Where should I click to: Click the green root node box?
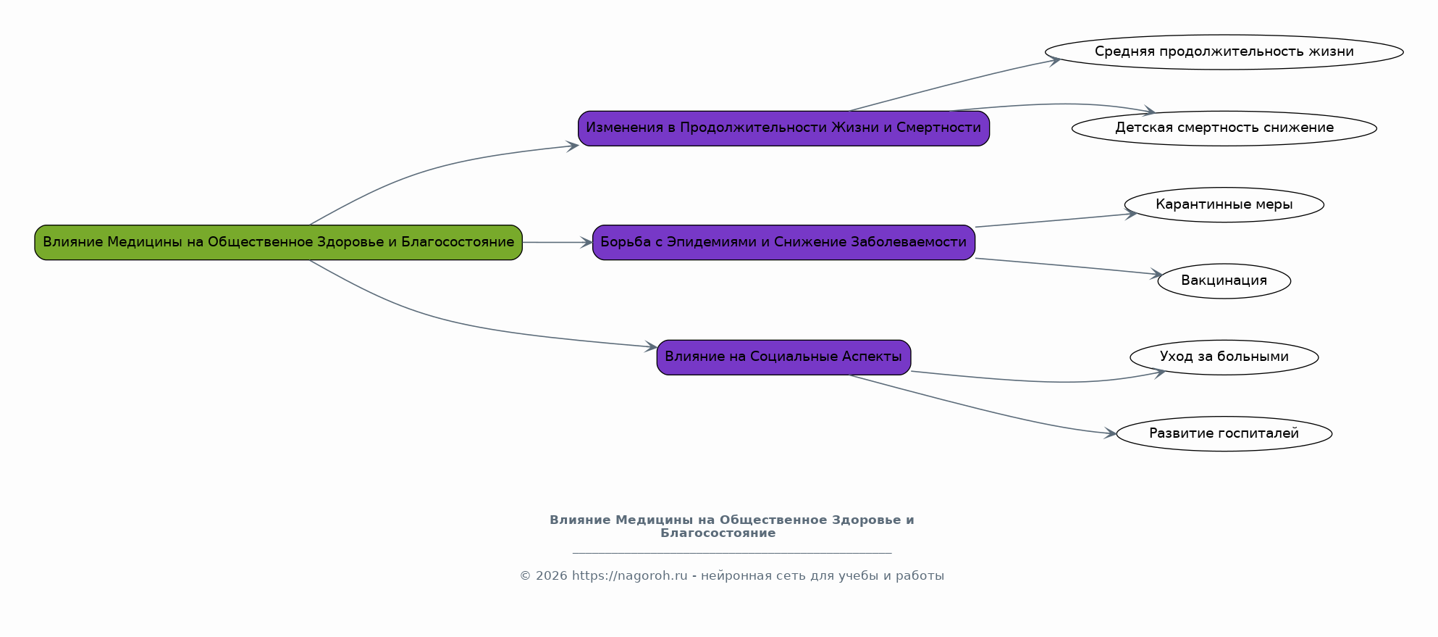tap(278, 242)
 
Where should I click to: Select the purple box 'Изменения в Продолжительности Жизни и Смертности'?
tap(783, 128)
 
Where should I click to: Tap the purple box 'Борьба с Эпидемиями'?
tap(783, 242)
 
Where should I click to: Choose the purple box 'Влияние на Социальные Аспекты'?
tap(783, 357)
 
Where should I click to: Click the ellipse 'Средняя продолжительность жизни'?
tap(1224, 52)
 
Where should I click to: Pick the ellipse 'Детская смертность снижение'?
tap(1224, 128)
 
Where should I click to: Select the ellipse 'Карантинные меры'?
tap(1224, 204)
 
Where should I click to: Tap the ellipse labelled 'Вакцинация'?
tap(1224, 280)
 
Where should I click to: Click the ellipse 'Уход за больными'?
tap(1224, 357)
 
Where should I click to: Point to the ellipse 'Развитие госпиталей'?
tap(1224, 433)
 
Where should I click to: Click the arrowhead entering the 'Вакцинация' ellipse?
tap(1156, 274)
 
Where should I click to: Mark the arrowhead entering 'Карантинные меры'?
tap(1132, 214)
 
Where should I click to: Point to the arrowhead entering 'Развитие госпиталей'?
tap(1111, 434)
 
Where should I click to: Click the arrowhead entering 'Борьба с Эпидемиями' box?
tap(586, 243)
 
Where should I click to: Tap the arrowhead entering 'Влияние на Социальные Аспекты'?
tap(651, 347)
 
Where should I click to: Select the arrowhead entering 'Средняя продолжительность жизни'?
tap(1055, 61)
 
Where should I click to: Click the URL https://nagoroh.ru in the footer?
tap(629, 576)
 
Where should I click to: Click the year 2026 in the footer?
tap(552, 576)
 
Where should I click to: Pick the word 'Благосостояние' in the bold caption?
tap(718, 533)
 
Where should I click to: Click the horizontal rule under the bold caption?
tap(731, 553)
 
